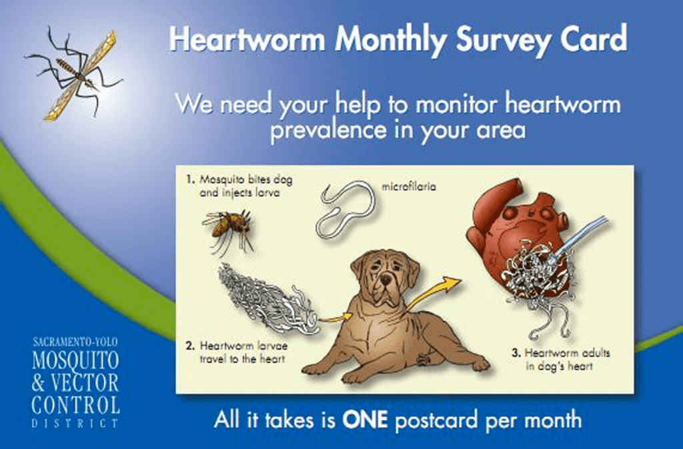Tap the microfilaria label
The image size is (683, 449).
(409, 187)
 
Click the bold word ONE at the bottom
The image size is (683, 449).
(366, 420)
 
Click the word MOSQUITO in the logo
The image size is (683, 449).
(75, 361)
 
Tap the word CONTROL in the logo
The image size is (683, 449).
(75, 404)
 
